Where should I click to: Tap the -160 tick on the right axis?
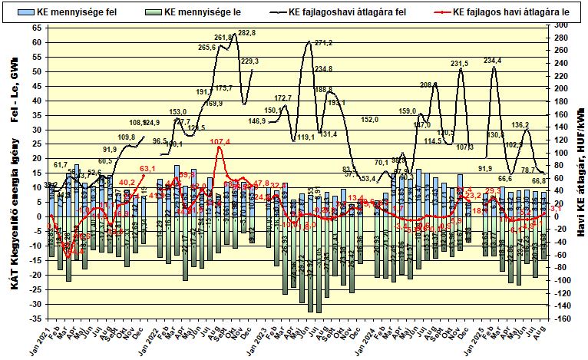[561, 319]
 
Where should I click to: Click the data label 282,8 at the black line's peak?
[247, 33]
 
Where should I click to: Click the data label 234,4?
[492, 60]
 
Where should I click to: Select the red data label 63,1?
[147, 168]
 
